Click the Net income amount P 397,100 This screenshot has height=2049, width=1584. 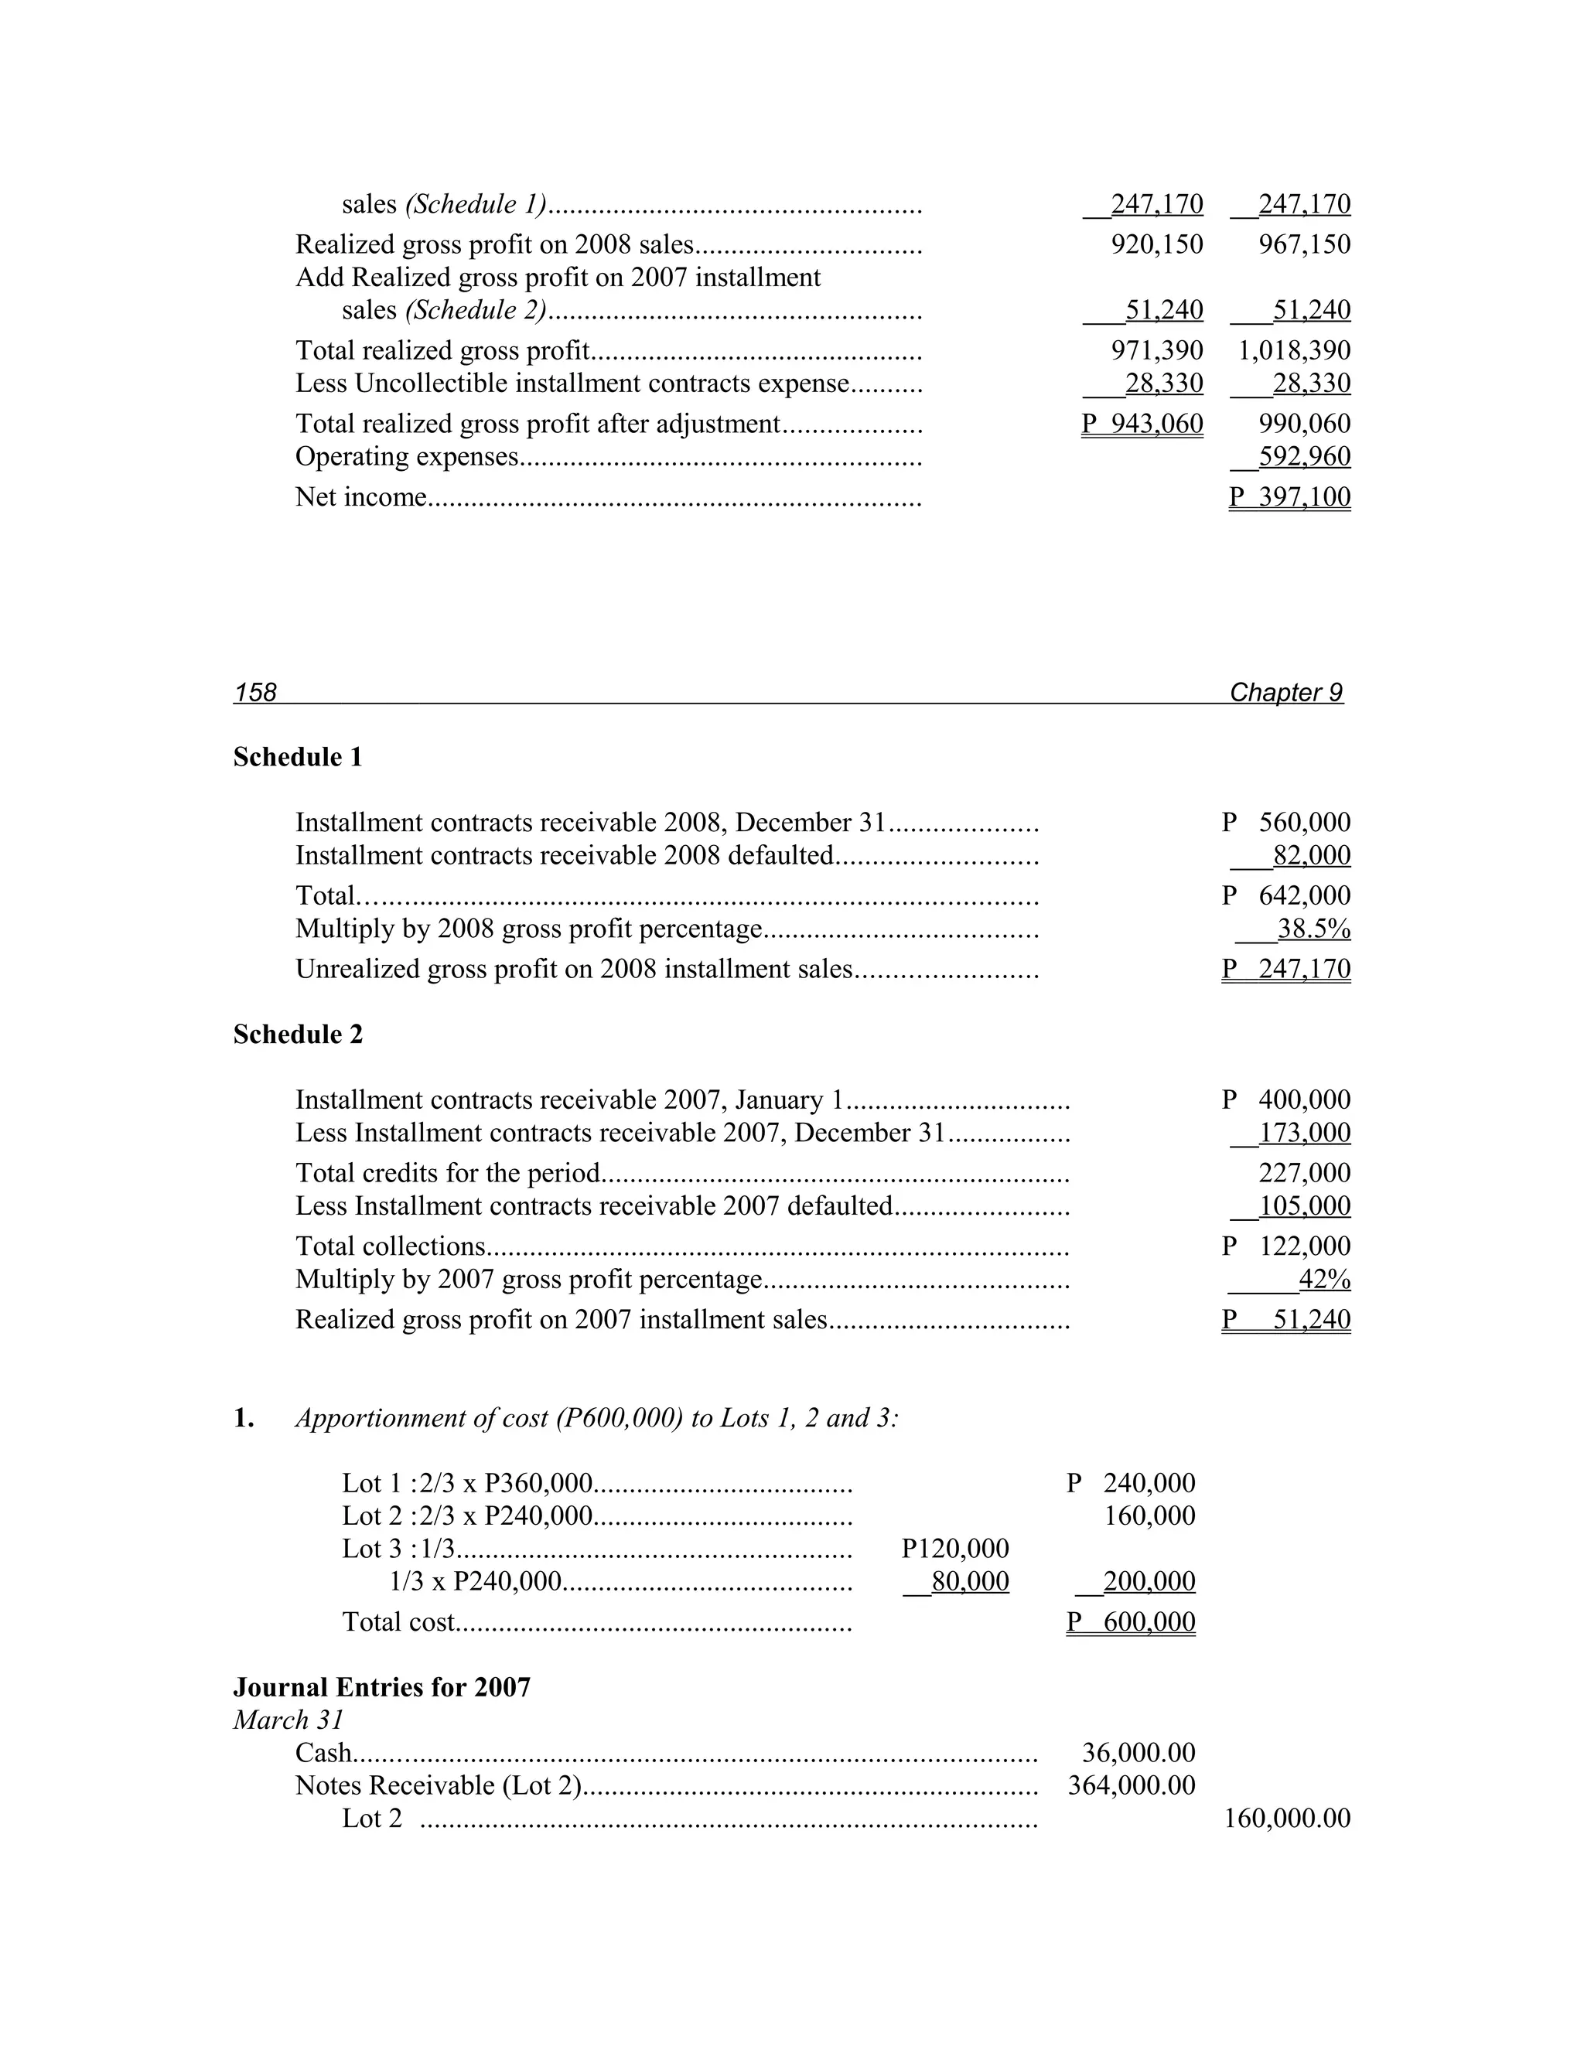click(1290, 496)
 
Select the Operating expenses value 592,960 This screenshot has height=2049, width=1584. click(1303, 456)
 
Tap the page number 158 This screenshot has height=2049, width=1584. click(255, 692)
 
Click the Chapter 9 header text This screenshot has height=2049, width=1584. click(1285, 692)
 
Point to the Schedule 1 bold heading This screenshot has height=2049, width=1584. click(298, 757)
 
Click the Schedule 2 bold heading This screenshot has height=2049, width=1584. click(298, 1034)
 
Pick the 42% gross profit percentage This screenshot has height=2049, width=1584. click(1324, 1279)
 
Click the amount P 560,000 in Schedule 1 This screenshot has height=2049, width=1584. click(1286, 823)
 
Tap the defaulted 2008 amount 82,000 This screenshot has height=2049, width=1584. click(1311, 856)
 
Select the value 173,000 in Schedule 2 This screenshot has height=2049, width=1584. click(1303, 1133)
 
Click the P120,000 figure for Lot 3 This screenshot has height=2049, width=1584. click(955, 1548)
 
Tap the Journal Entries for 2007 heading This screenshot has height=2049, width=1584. click(382, 1687)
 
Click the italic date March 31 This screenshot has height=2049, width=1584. click(288, 1720)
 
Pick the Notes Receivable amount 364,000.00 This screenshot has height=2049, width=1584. click(1132, 1785)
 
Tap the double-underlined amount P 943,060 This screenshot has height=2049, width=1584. click(1142, 424)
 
